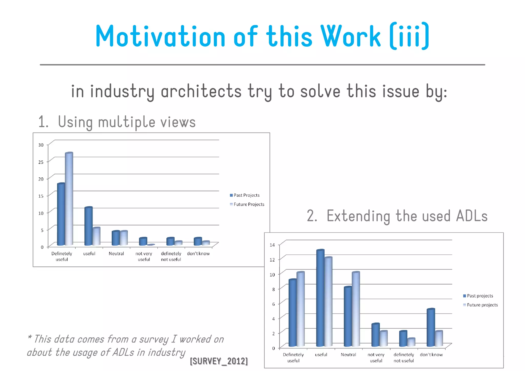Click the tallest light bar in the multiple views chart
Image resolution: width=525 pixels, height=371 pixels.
point(69,199)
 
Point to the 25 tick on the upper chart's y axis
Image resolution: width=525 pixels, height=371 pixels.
point(41,162)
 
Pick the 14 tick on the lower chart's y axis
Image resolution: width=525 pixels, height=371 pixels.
point(272,245)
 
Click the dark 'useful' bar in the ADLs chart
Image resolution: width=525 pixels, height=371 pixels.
point(320,298)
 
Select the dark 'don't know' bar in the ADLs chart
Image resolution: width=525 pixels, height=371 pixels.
point(431,327)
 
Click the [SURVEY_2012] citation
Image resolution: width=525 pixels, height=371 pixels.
point(219,361)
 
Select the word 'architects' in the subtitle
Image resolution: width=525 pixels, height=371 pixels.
point(201,91)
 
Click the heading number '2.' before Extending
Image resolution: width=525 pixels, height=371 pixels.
point(312,216)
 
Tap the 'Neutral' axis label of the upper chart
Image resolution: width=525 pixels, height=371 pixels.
point(116,254)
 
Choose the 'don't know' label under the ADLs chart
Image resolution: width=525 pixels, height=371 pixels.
point(431,355)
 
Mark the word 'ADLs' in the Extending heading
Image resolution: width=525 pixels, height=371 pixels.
point(472,216)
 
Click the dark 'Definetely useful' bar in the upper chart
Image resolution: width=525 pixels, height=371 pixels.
point(61,214)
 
